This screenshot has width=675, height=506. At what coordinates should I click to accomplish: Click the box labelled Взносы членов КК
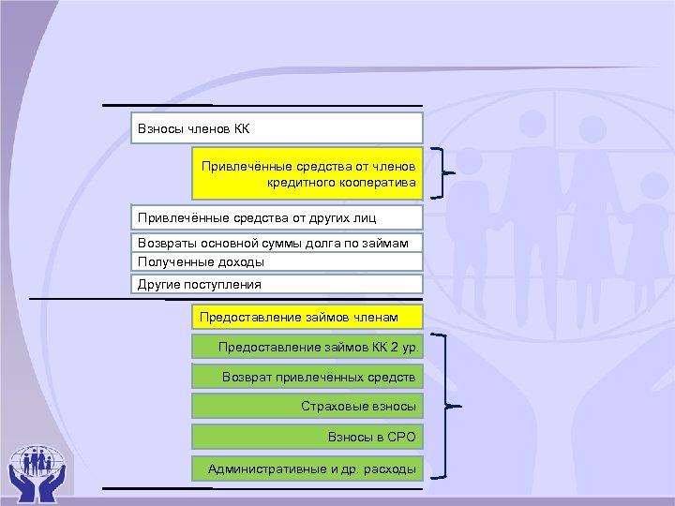click(277, 128)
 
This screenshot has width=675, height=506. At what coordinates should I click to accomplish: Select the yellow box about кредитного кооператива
click(307, 173)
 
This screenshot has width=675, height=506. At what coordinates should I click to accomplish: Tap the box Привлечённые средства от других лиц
click(277, 218)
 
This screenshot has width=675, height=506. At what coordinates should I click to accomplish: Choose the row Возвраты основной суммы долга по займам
click(277, 244)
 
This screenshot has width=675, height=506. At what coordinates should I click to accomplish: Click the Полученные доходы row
click(277, 262)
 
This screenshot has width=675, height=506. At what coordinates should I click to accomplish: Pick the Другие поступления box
click(277, 284)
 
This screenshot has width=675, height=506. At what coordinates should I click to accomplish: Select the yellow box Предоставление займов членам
click(307, 317)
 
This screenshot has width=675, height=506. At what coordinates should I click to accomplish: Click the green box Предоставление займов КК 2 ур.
click(307, 348)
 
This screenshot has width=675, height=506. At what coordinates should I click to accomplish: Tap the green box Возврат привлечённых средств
click(307, 377)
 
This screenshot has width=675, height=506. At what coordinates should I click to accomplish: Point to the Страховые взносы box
click(307, 407)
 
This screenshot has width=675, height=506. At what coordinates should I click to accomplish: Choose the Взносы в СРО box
click(307, 437)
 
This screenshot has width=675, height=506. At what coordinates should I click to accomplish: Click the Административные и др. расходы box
click(307, 468)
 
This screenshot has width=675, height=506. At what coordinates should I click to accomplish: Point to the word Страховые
click(332, 407)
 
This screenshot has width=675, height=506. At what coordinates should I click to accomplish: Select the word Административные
click(266, 468)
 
